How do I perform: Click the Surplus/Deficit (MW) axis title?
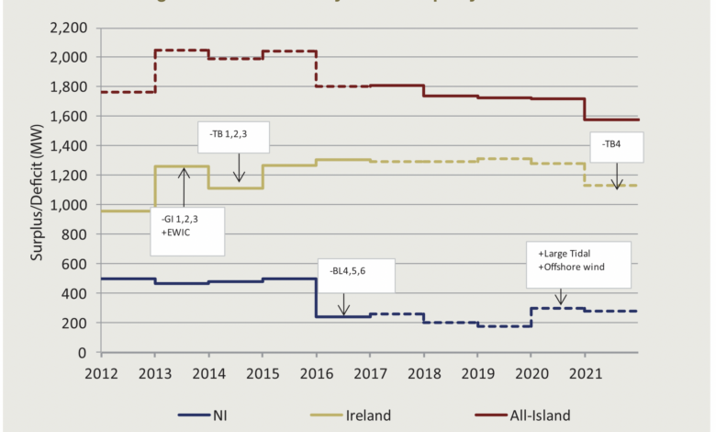tap(38, 189)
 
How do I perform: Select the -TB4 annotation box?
tap(617, 146)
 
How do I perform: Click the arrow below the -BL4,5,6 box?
tap(342, 304)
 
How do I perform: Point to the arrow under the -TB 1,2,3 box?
tap(239, 167)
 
